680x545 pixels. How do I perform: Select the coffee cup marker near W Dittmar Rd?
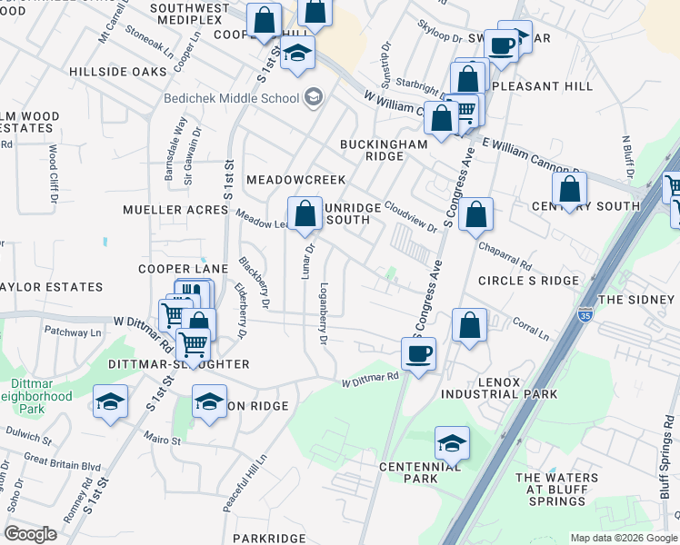pos(418,352)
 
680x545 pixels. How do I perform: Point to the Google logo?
pos(31,534)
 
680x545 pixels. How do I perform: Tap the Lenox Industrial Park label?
pos(499,387)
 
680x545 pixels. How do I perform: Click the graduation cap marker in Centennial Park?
pos(451,442)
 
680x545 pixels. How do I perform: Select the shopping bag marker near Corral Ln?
pos(469,325)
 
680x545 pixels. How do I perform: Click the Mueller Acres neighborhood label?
pos(175,210)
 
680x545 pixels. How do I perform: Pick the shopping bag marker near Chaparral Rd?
pos(475,214)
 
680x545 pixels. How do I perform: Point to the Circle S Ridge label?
pos(528,281)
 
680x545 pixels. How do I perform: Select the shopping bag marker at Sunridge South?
pos(306,213)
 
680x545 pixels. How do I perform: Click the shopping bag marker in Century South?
pos(569,190)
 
